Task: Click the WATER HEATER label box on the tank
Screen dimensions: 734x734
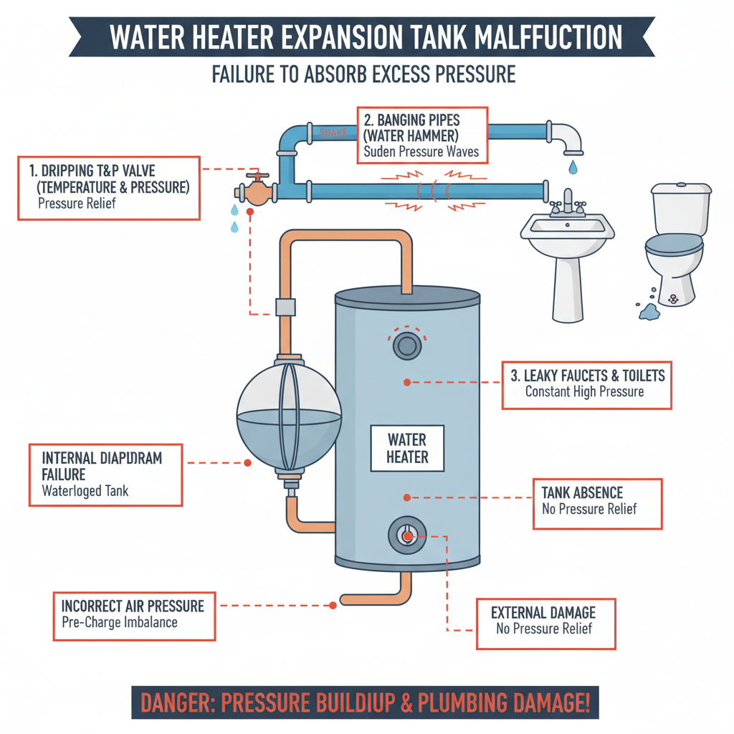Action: pos(407,448)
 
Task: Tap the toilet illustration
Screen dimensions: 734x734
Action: pos(677,240)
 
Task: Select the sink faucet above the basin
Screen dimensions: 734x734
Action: pos(568,202)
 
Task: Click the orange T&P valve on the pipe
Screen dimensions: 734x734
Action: pos(254,189)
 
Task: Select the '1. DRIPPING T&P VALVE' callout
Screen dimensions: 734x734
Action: pos(109,189)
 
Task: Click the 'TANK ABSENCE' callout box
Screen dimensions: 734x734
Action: pos(597,505)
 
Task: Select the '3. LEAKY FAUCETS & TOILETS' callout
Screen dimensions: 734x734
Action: pos(586,384)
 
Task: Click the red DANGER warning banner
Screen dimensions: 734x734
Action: pos(365,702)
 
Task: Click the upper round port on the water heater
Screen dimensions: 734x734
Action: pos(406,346)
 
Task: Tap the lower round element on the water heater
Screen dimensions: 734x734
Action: pos(406,535)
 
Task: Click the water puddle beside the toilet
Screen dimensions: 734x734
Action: pos(648,310)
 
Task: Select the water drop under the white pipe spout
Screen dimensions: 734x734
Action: pos(572,168)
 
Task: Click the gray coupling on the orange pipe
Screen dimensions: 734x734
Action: pos(285,307)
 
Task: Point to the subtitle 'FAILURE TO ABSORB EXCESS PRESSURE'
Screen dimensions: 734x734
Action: pos(363,75)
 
